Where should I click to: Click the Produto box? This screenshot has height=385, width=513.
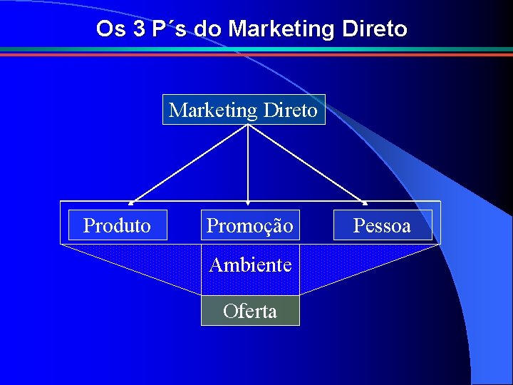pos(118,225)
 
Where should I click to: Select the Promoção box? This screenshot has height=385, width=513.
pos(249,226)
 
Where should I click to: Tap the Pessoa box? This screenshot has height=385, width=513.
pos(382,226)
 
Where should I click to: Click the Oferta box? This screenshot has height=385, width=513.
pos(250,311)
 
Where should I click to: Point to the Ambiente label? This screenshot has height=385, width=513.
pos(250,265)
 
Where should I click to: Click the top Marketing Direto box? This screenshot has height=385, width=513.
pos(244,110)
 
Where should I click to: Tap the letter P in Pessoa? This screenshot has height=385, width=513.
pos(358,226)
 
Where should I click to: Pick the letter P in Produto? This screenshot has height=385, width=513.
pos(88,225)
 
